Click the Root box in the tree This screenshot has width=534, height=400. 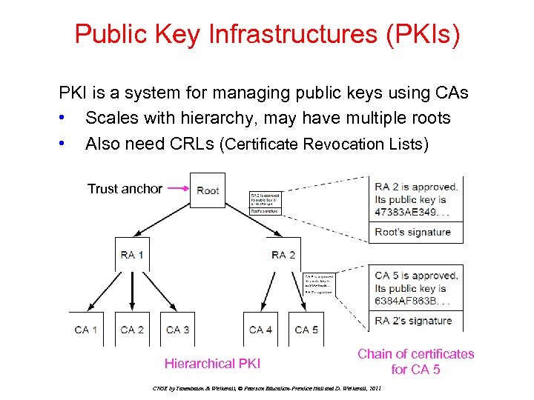pyautogui.click(x=208, y=190)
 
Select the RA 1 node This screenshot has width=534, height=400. pyautogui.click(x=132, y=255)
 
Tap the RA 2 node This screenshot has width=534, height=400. pyautogui.click(x=283, y=255)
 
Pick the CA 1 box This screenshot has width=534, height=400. pyautogui.click(x=86, y=329)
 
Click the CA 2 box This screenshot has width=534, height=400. pyautogui.click(x=132, y=329)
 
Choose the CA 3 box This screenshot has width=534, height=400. pyautogui.click(x=178, y=329)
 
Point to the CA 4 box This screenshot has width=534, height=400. pyautogui.click(x=260, y=329)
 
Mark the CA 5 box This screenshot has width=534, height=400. pyautogui.click(x=306, y=329)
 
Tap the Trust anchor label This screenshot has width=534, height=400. pyautogui.click(x=125, y=189)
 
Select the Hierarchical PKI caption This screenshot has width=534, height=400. pyautogui.click(x=212, y=364)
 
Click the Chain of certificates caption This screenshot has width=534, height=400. pyautogui.click(x=415, y=361)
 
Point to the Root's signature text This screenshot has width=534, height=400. pyautogui.click(x=413, y=232)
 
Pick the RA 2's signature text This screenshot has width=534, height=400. pyautogui.click(x=413, y=321)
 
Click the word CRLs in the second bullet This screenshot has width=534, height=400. pyautogui.click(x=188, y=144)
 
